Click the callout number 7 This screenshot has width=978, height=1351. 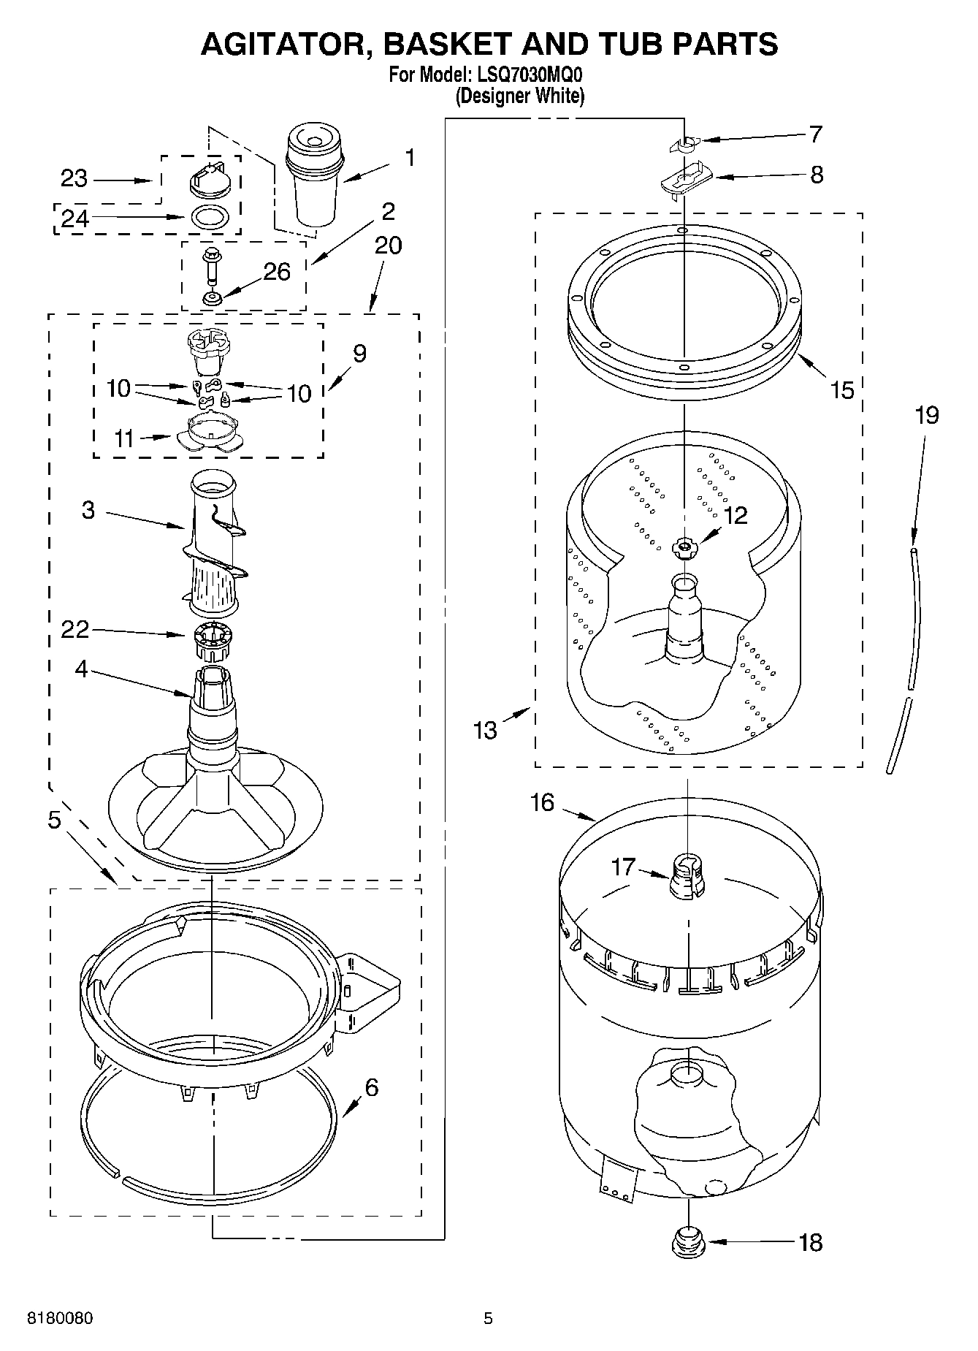coord(815,134)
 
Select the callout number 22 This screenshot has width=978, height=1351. coord(75,629)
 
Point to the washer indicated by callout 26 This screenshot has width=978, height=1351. coord(213,298)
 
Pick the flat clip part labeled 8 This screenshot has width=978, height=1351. coord(684,179)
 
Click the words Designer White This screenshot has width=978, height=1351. coord(520,96)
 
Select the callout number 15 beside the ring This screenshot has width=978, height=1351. coord(841,390)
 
